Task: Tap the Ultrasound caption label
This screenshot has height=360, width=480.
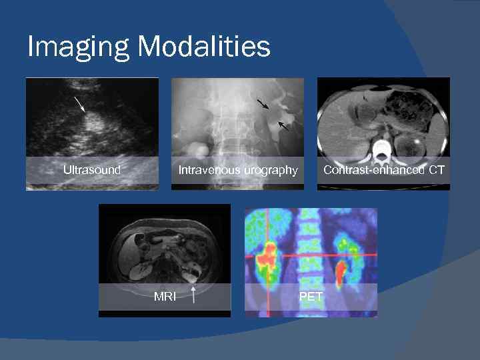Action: pyautogui.click(x=92, y=170)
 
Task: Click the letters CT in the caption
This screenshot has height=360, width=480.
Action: pyautogui.click(x=436, y=170)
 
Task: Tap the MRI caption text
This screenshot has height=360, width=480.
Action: pyautogui.click(x=165, y=297)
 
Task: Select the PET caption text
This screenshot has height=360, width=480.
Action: pyautogui.click(x=311, y=295)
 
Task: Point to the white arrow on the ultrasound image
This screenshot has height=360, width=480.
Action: pyautogui.click(x=79, y=104)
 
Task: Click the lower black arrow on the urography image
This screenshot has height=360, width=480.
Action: pyautogui.click(x=283, y=126)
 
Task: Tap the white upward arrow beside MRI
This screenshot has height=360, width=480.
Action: pyautogui.click(x=193, y=294)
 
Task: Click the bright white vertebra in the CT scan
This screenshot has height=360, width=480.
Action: pyautogui.click(x=383, y=145)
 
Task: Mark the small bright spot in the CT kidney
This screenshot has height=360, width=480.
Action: pyautogui.click(x=418, y=141)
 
